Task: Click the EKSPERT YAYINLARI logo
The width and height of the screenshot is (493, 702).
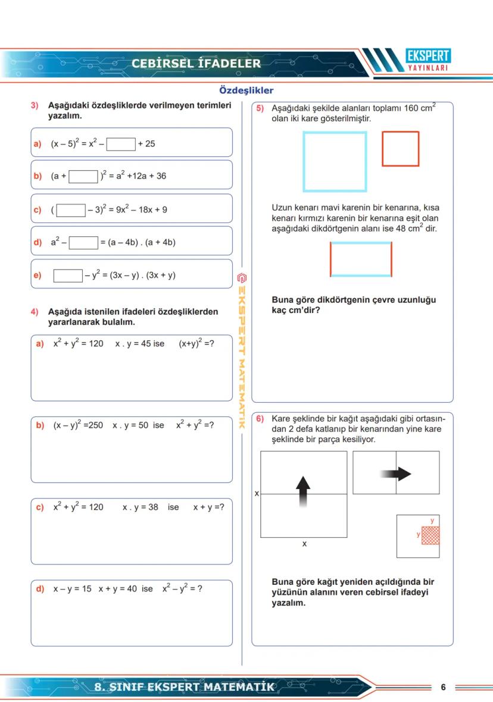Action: [x=428, y=60]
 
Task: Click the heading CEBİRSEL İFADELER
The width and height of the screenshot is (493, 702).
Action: [x=196, y=64]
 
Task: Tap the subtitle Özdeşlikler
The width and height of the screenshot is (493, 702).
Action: [x=246, y=90]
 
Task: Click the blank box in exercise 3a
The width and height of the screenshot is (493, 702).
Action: [x=121, y=144]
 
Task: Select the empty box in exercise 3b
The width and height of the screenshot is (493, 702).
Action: [x=83, y=176]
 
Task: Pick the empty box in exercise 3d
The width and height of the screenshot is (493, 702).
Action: [x=83, y=243]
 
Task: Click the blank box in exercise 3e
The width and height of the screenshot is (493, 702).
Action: [x=68, y=275]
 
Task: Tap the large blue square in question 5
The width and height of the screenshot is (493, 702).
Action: [x=335, y=162]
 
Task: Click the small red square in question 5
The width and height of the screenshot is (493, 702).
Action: [x=400, y=149]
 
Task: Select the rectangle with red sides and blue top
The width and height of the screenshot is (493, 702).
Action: [x=361, y=259]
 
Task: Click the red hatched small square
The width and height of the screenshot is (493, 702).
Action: [x=430, y=535]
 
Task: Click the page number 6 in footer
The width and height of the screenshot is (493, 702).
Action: [x=443, y=687]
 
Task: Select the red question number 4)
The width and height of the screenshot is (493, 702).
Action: [x=35, y=312]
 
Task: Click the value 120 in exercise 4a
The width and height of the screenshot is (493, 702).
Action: [x=96, y=344]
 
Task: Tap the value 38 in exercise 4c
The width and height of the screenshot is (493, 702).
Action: [x=153, y=507]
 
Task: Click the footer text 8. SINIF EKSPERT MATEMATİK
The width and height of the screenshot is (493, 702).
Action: [x=185, y=687]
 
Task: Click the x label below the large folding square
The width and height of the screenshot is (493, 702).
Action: [x=304, y=544]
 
